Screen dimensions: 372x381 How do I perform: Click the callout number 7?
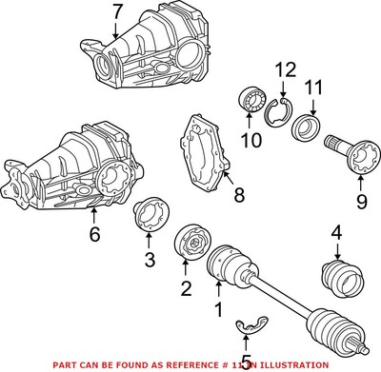116,12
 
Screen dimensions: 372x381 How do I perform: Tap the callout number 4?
335,231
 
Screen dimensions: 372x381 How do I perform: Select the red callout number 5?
246,362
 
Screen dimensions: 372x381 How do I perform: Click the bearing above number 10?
251,101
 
